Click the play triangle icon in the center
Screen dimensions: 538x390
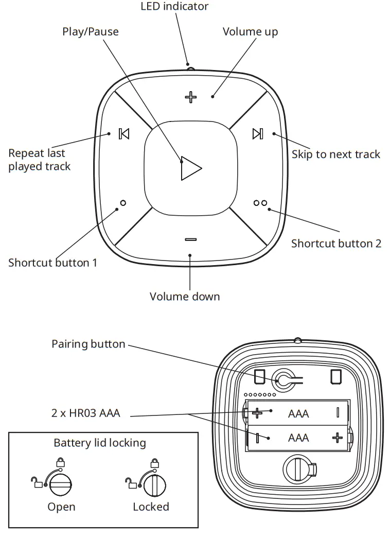(190, 168)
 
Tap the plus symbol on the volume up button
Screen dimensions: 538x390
(191, 97)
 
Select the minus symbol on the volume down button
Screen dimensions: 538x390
(191, 239)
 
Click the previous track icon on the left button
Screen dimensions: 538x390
(123, 134)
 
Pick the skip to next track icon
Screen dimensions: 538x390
(258, 134)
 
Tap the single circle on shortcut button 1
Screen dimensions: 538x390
(122, 203)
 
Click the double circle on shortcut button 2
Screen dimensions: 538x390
(260, 203)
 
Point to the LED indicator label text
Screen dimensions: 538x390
(174, 7)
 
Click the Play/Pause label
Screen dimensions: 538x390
(91, 32)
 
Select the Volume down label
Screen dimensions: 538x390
(184, 297)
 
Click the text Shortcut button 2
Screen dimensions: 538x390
(336, 244)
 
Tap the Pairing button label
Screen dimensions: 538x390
(88, 344)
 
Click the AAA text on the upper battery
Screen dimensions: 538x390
(298, 413)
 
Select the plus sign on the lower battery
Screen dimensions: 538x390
(337, 438)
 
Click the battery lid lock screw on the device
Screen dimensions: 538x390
(297, 469)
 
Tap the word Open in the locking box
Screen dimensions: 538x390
(61, 507)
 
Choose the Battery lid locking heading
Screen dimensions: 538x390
(100, 443)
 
